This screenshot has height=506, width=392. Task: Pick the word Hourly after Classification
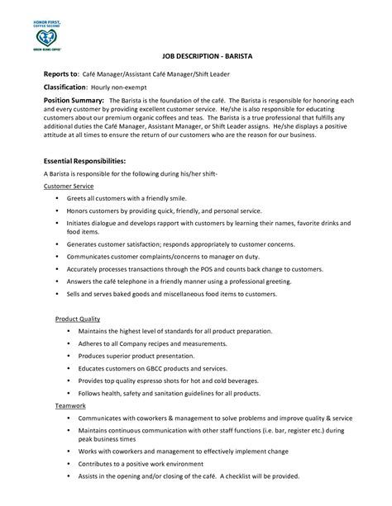point(125,87)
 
